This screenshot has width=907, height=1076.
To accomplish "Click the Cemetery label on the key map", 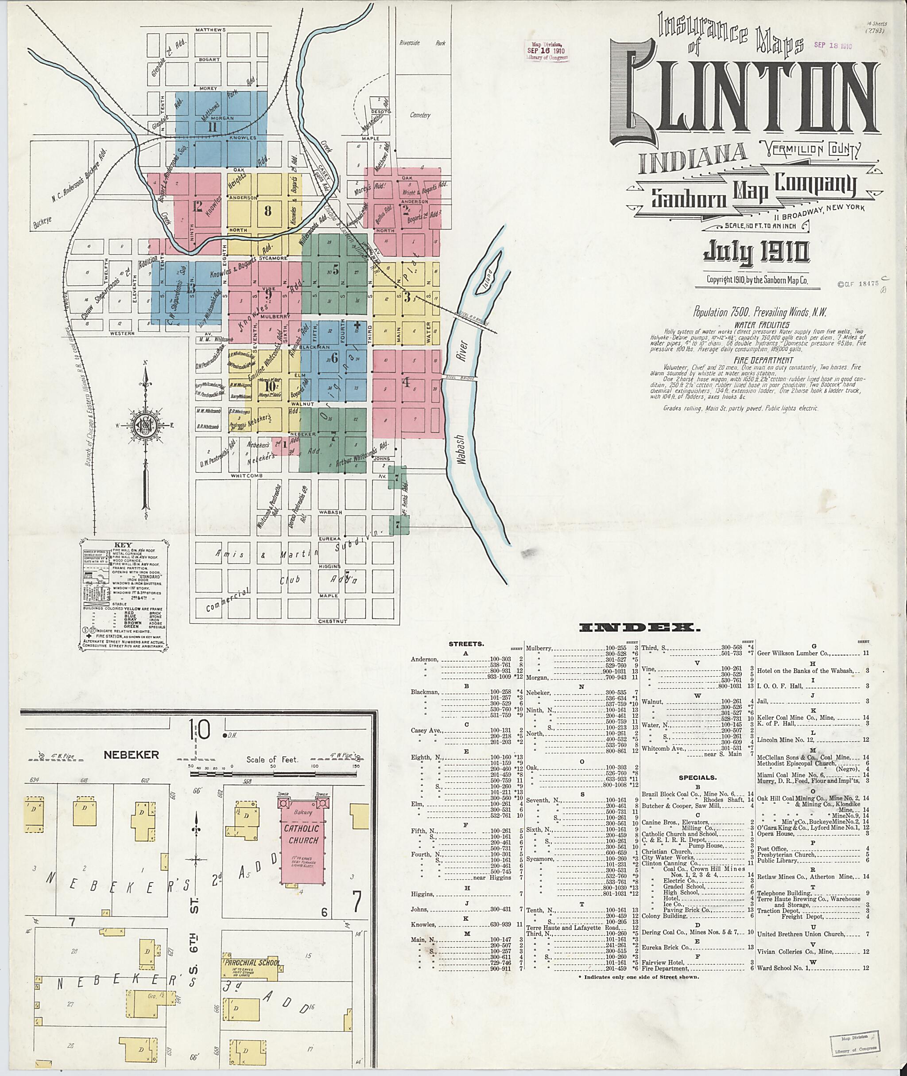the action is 420,115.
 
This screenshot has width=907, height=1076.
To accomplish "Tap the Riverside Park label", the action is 422,44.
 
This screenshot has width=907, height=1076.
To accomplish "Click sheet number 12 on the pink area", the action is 198,207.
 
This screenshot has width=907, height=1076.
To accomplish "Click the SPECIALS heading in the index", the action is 697,778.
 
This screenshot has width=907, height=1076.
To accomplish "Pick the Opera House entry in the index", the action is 777,834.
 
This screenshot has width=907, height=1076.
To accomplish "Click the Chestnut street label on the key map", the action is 333,622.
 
